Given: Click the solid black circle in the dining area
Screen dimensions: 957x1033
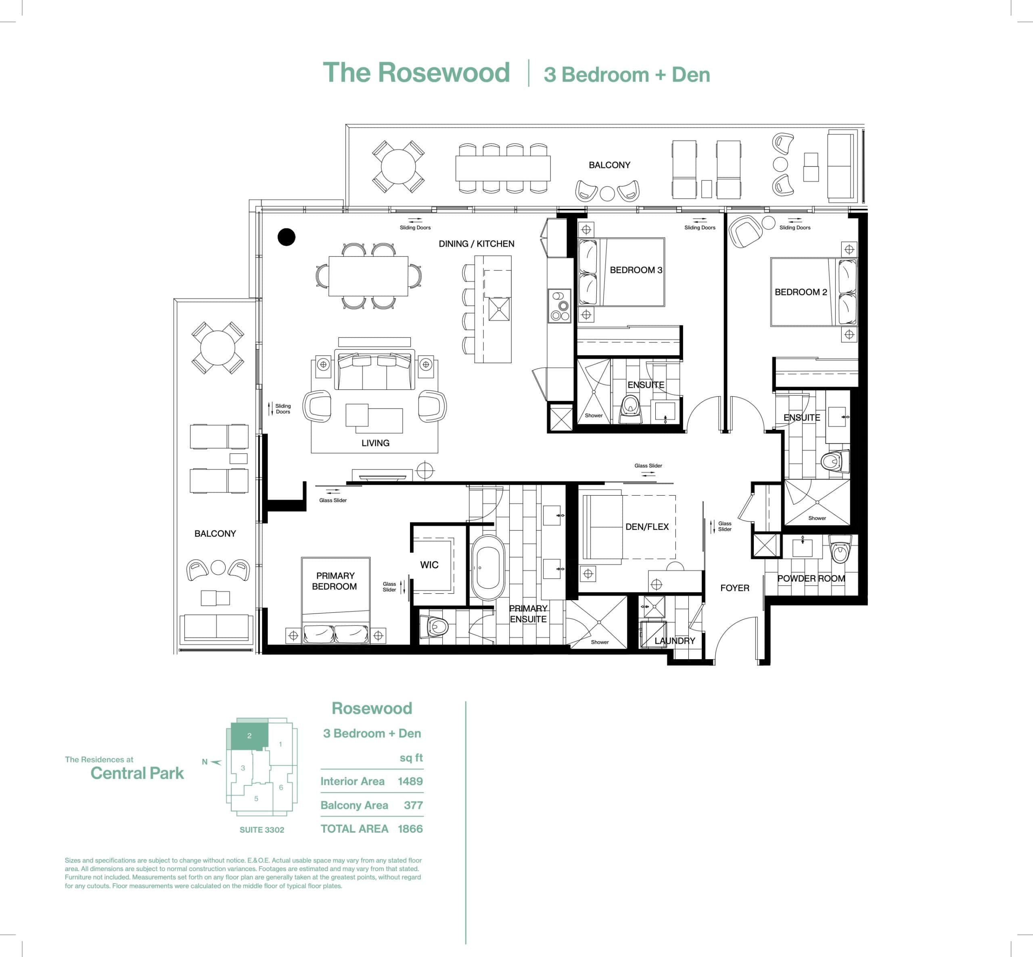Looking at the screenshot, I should pos(286,237).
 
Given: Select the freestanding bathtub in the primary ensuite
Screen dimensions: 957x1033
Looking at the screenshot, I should pos(487,567).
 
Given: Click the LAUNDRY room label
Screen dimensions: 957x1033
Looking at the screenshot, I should pos(674,641).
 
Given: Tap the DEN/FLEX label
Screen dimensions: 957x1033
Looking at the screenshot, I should pos(647,527).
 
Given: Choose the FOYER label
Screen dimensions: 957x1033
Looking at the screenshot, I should pos(734,588).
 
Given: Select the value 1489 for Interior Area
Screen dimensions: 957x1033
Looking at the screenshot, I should pos(410,781).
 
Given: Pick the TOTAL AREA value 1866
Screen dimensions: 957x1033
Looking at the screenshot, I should pos(410,829).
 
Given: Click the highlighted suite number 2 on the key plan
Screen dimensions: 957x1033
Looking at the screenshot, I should pos(249,736).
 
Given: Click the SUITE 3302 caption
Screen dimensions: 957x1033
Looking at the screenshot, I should pos(261,829).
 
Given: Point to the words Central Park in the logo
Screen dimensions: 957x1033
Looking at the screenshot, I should pos(137,773).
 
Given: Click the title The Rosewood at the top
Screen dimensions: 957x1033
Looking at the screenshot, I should pos(416,73).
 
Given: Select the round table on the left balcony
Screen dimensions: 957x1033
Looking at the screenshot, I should pos(217,348).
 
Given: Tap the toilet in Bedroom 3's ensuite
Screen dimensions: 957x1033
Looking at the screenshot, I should pos(630,408).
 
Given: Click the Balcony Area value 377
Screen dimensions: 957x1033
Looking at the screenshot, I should pos(413,805).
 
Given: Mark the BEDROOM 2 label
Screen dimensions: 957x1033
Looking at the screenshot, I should pos(801,292).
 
